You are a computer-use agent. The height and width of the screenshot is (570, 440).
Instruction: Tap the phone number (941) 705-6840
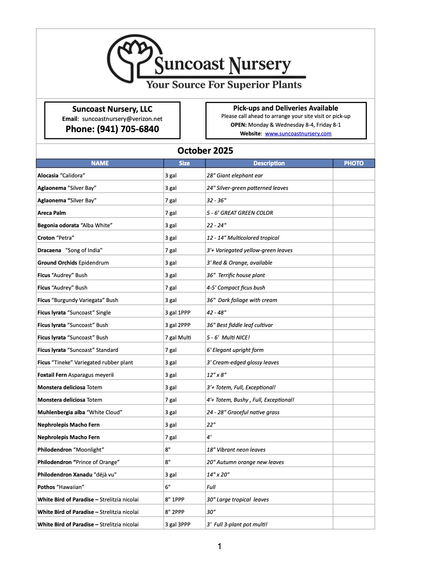tap(112, 129)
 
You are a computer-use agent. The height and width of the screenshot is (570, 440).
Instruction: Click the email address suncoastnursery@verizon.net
tap(122, 119)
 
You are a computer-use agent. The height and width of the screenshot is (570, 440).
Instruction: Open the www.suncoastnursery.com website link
tap(298, 134)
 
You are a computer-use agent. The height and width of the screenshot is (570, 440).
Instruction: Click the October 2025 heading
tap(205, 151)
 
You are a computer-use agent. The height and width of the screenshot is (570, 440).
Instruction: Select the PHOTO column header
tap(354, 163)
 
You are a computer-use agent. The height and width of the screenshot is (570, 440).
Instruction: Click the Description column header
tap(269, 163)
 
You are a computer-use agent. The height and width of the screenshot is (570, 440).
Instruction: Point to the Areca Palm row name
tap(51, 213)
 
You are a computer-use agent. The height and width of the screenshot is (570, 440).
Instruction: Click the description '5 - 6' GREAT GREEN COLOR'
tap(240, 213)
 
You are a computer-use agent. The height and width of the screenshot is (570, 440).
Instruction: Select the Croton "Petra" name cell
tap(56, 238)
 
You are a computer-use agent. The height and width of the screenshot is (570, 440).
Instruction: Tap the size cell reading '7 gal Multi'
tap(178, 337)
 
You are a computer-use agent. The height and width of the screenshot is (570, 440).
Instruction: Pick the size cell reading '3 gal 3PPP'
tap(178, 524)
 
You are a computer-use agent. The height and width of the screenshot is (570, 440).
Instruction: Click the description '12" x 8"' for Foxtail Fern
tap(216, 375)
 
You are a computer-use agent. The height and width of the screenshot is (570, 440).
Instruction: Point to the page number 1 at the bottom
tap(220, 547)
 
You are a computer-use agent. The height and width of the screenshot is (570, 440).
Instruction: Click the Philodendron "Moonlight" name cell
tap(71, 450)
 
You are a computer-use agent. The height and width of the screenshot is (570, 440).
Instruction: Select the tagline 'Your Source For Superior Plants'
tap(224, 85)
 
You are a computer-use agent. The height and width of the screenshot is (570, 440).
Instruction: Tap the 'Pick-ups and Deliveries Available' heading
tap(286, 108)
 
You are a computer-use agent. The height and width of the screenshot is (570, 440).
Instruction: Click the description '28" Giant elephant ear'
tap(235, 175)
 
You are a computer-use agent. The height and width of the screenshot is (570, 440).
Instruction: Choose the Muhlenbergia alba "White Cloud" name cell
tap(80, 412)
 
